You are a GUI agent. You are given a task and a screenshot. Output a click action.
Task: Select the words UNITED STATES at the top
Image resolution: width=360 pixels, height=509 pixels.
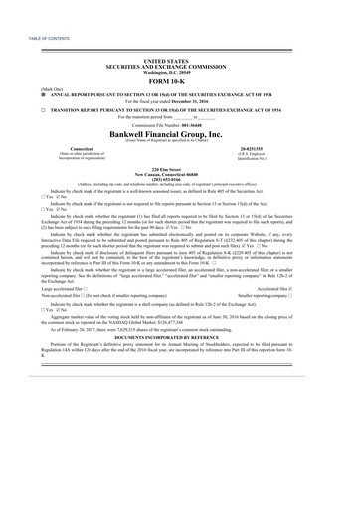tap(179, 61)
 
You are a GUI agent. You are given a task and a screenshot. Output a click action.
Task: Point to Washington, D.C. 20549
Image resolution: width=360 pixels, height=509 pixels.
tap(179, 72)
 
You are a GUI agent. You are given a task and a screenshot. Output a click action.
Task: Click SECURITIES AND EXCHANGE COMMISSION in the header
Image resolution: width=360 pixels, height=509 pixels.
tap(179, 67)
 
